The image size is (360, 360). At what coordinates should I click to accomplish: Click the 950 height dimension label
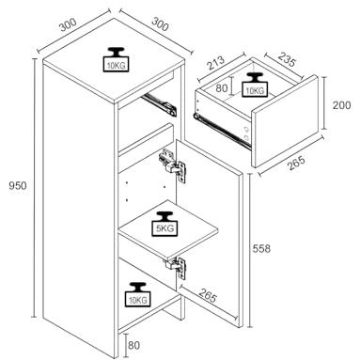[x=18, y=186]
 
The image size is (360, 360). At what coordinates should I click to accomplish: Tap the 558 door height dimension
[x=261, y=249]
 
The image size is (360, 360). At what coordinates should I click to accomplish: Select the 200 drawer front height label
[x=341, y=105]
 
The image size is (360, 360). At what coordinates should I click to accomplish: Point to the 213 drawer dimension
[x=216, y=63]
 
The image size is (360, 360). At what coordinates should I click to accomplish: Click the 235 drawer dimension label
[x=287, y=60]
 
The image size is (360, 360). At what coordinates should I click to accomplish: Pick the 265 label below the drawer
[x=296, y=163]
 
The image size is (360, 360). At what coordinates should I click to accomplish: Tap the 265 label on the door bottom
[x=208, y=295]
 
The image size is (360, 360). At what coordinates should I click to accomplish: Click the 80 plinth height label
[x=133, y=346]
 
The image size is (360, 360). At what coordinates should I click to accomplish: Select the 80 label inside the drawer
[x=222, y=88]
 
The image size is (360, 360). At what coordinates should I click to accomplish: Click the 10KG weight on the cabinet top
[x=116, y=59]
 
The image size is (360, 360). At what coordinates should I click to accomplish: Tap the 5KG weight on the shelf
[x=164, y=224]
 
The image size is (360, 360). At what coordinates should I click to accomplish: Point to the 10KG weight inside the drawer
[x=255, y=85]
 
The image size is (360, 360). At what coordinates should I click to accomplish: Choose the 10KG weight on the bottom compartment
[x=138, y=294]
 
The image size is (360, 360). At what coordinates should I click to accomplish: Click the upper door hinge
[x=172, y=165]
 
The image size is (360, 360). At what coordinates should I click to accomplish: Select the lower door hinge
[x=176, y=267]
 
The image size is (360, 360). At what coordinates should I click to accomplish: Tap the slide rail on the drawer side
[x=223, y=131]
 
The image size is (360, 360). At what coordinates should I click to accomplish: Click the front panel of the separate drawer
[x=286, y=121]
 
